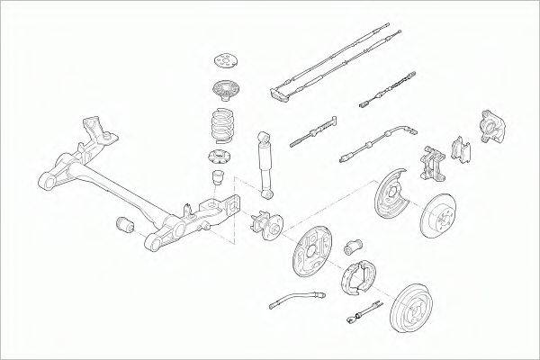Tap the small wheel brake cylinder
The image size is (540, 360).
(354, 244)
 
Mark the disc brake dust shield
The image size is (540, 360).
(394, 192)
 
